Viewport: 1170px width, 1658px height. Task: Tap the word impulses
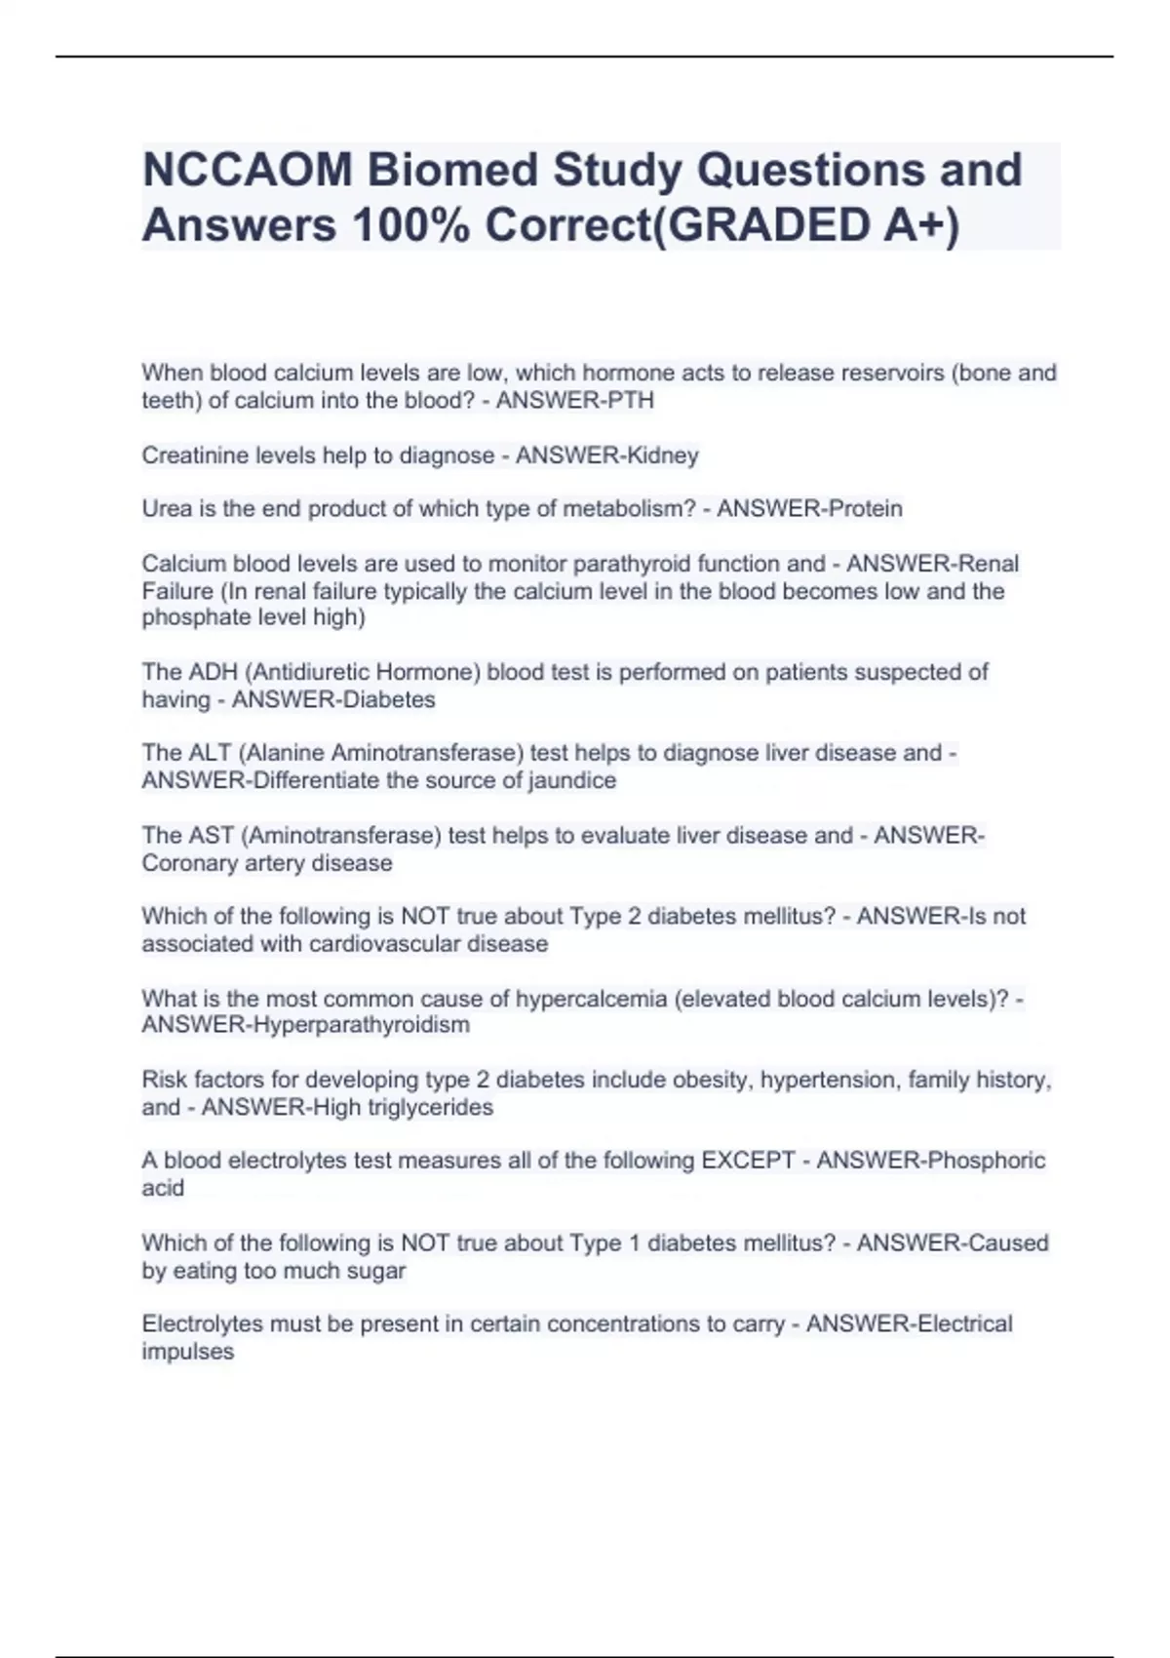[x=188, y=1352]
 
